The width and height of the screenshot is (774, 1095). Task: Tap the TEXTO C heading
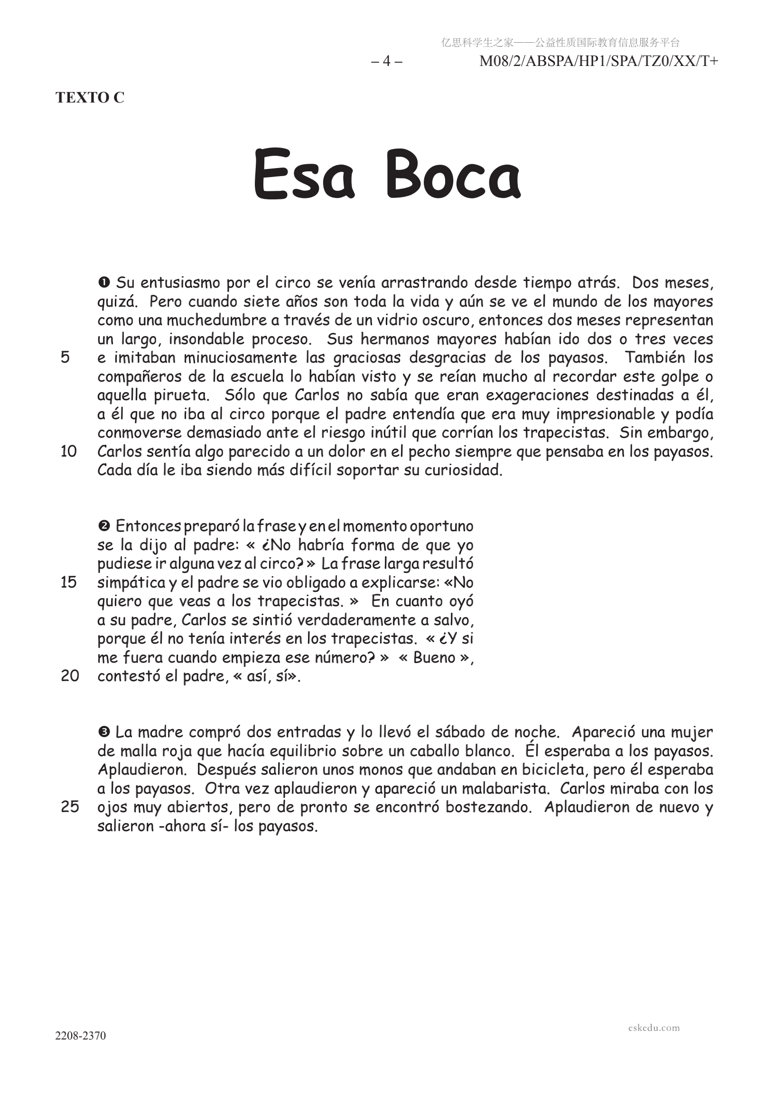pos(90,97)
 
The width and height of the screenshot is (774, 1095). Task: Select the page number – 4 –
pos(387,61)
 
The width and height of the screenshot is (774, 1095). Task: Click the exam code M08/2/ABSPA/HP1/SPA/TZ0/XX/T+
pos(598,61)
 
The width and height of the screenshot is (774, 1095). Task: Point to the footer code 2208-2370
pos(81,1035)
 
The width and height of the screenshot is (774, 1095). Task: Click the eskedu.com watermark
pos(654,1028)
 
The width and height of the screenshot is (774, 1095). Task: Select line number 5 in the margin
pos(65,357)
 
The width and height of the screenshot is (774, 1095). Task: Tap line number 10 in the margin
pos(68,451)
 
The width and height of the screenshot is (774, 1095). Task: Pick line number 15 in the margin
pos(68,582)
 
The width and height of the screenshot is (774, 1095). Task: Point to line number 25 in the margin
pos(70,806)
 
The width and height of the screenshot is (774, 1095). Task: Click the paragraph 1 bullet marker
pos(104,282)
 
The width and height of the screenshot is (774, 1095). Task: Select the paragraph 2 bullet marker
pos(104,526)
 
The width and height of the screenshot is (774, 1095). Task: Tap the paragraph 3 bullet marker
pos(104,731)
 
